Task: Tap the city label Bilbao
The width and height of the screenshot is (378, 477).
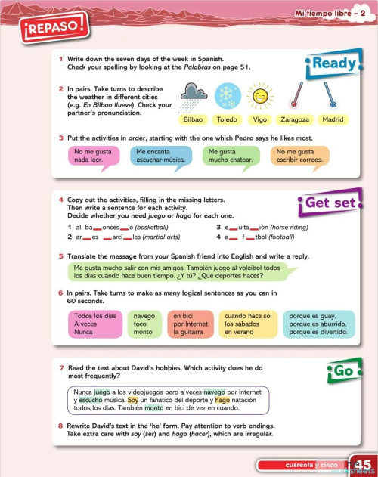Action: pos(194,119)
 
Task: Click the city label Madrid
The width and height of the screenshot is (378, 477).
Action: pos(333,119)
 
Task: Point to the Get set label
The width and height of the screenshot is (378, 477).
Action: pos(329,202)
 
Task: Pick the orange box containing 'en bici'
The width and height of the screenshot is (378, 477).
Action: pos(190,324)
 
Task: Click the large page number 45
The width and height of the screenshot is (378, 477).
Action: pos(362,464)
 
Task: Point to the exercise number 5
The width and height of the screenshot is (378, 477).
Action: pos(60,256)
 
